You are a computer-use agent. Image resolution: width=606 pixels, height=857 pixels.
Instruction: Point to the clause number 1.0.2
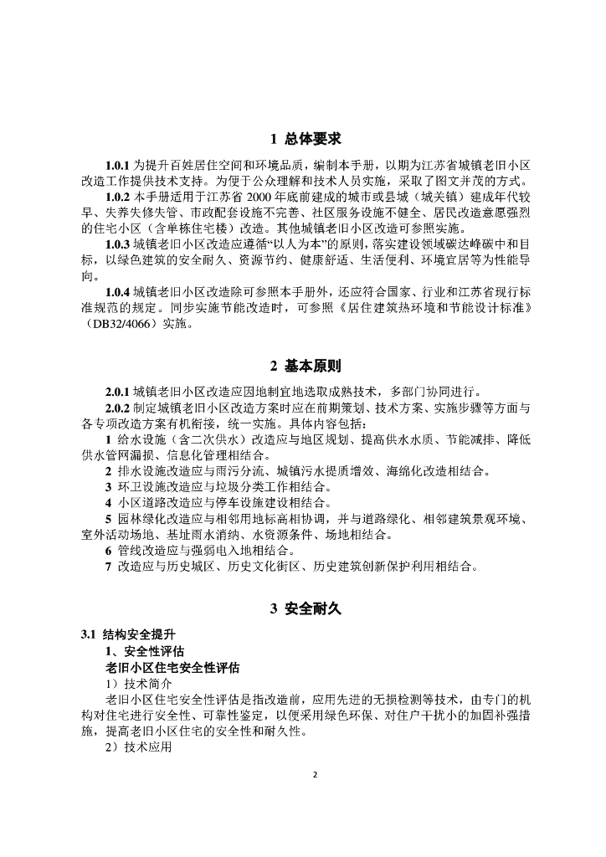point(118,196)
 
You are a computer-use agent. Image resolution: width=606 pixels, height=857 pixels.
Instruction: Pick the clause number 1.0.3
point(118,244)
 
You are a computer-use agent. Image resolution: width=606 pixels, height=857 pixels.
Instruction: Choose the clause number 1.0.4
point(118,292)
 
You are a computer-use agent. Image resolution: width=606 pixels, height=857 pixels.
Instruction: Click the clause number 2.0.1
point(118,392)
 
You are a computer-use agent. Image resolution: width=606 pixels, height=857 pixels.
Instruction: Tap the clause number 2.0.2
point(118,408)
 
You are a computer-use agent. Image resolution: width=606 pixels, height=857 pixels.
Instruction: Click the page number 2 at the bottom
point(316,774)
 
